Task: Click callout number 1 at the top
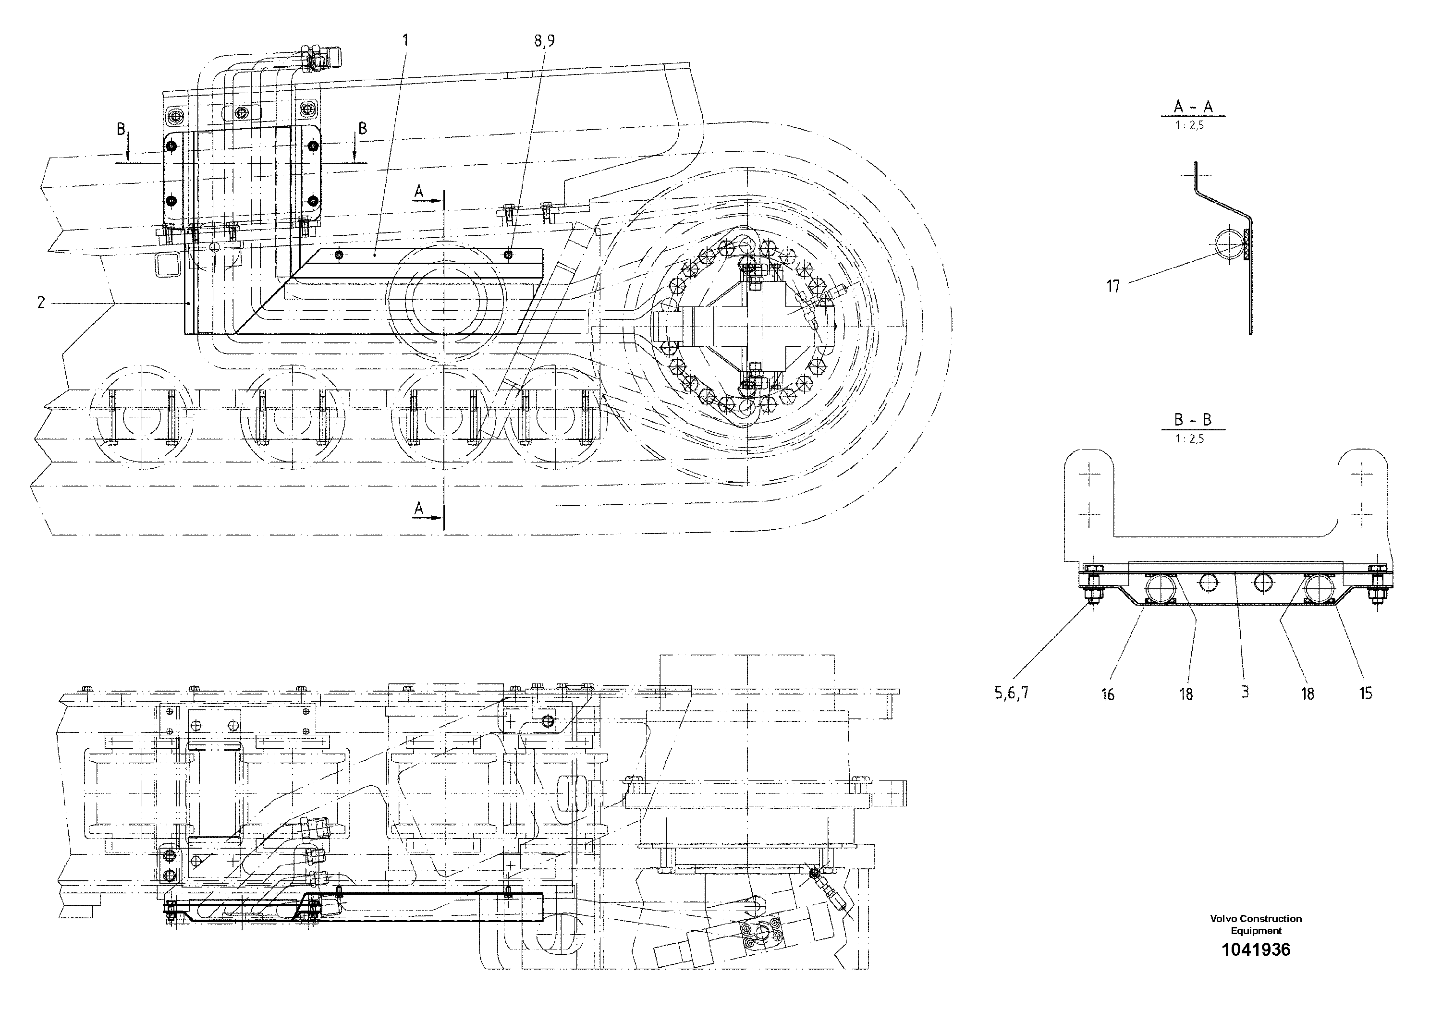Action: click(x=405, y=41)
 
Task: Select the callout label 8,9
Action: click(x=544, y=41)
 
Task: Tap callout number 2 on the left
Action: click(x=41, y=303)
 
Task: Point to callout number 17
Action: click(x=1113, y=286)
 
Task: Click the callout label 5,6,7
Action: click(x=1011, y=693)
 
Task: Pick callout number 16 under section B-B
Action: click(x=1107, y=694)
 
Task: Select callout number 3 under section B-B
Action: click(x=1245, y=692)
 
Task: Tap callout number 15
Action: click(x=1365, y=694)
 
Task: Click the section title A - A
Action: click(x=1193, y=107)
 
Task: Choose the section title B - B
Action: click(x=1193, y=420)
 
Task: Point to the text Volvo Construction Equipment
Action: click(x=1256, y=924)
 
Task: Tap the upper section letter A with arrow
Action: click(x=419, y=193)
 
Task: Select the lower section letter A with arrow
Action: click(x=419, y=510)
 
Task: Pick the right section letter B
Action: click(x=363, y=128)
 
